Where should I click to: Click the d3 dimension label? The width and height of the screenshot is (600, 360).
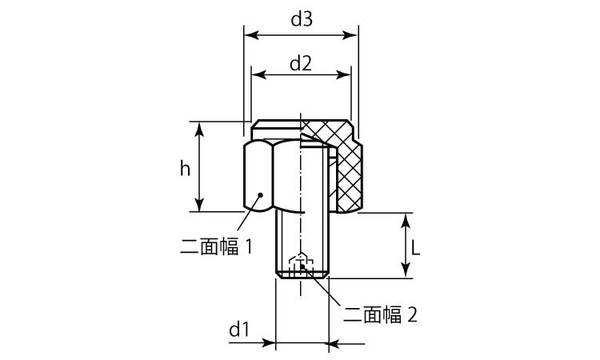tap(301, 21)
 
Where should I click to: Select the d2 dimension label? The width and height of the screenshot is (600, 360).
tap(300, 62)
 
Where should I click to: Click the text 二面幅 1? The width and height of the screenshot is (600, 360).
tap(217, 246)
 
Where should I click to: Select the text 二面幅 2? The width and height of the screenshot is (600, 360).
tap(380, 314)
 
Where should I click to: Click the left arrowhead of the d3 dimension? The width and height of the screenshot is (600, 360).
tap(249, 35)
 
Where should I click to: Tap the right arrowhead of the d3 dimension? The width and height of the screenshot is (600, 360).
tap(353, 35)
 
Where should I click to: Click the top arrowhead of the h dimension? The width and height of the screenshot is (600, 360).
tap(200, 126)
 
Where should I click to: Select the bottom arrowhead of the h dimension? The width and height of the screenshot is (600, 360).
tap(200, 207)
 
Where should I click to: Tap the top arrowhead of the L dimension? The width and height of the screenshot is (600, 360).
tap(405, 218)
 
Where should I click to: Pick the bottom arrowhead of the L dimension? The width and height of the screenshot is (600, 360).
tap(405, 274)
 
